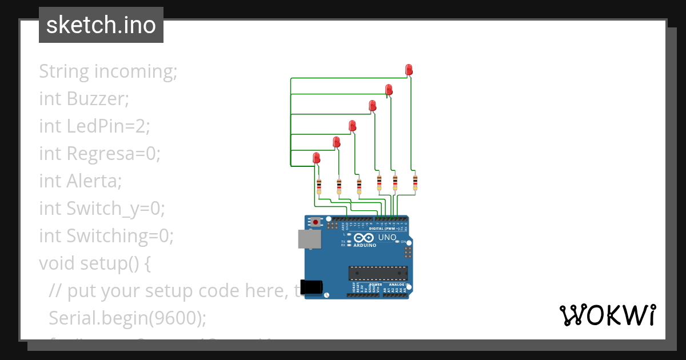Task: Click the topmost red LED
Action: coord(409,70)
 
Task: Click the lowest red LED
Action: coord(316,158)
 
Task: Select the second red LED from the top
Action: coord(389,90)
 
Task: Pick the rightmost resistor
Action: coord(415,182)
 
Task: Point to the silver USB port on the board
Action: coord(309,239)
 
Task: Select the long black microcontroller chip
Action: coord(378,274)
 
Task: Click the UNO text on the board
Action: coord(387,237)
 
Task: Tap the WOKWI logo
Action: coord(607,315)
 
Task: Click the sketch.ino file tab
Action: coord(101,25)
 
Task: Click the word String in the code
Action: coord(64,72)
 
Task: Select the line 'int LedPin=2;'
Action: coord(94,126)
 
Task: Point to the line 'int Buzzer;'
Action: coord(84,99)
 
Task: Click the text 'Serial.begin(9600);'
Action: coord(127,318)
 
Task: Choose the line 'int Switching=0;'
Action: coord(106,235)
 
